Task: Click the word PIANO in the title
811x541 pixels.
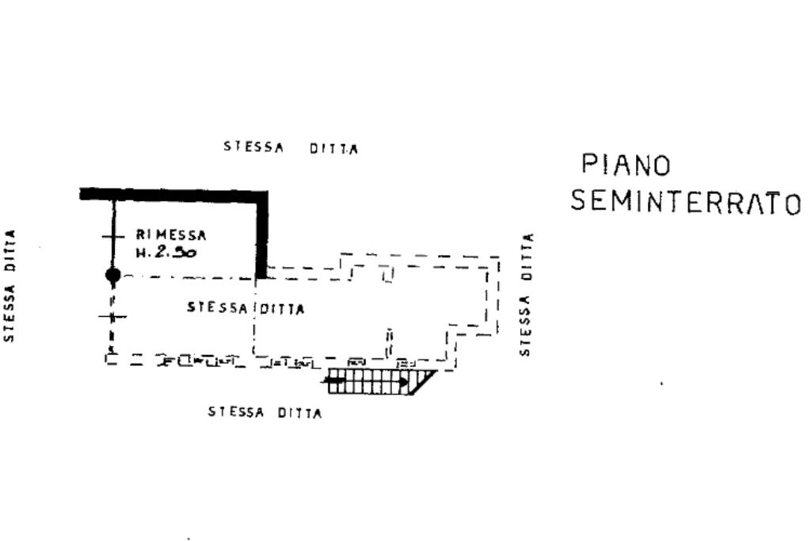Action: click(626, 165)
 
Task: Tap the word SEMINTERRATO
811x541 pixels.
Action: click(686, 202)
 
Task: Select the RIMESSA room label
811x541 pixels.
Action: click(171, 234)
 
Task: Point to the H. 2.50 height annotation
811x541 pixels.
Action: click(166, 253)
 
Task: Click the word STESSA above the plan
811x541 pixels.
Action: click(253, 147)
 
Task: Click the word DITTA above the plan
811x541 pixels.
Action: click(333, 149)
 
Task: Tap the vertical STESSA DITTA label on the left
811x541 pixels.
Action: click(10, 285)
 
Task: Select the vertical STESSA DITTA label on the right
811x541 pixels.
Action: click(526, 295)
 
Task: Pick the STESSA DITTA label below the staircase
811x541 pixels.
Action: click(265, 412)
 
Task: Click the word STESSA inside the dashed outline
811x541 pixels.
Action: click(217, 307)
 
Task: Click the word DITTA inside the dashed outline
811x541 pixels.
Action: click(282, 309)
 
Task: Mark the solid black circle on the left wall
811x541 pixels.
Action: click(113, 275)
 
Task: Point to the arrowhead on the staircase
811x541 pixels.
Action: click(404, 382)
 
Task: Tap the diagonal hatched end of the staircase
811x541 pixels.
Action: click(421, 382)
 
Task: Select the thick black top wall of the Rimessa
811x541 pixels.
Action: click(173, 195)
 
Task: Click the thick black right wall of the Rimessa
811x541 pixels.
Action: click(262, 234)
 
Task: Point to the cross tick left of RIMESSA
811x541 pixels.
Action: click(113, 237)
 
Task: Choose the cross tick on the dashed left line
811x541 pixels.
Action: click(112, 317)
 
